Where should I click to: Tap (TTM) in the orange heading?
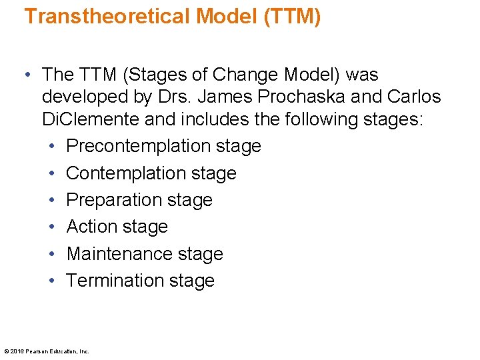point(292,16)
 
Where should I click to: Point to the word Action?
point(90,227)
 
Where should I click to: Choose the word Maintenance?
point(117,254)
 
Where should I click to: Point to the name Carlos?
point(413,97)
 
